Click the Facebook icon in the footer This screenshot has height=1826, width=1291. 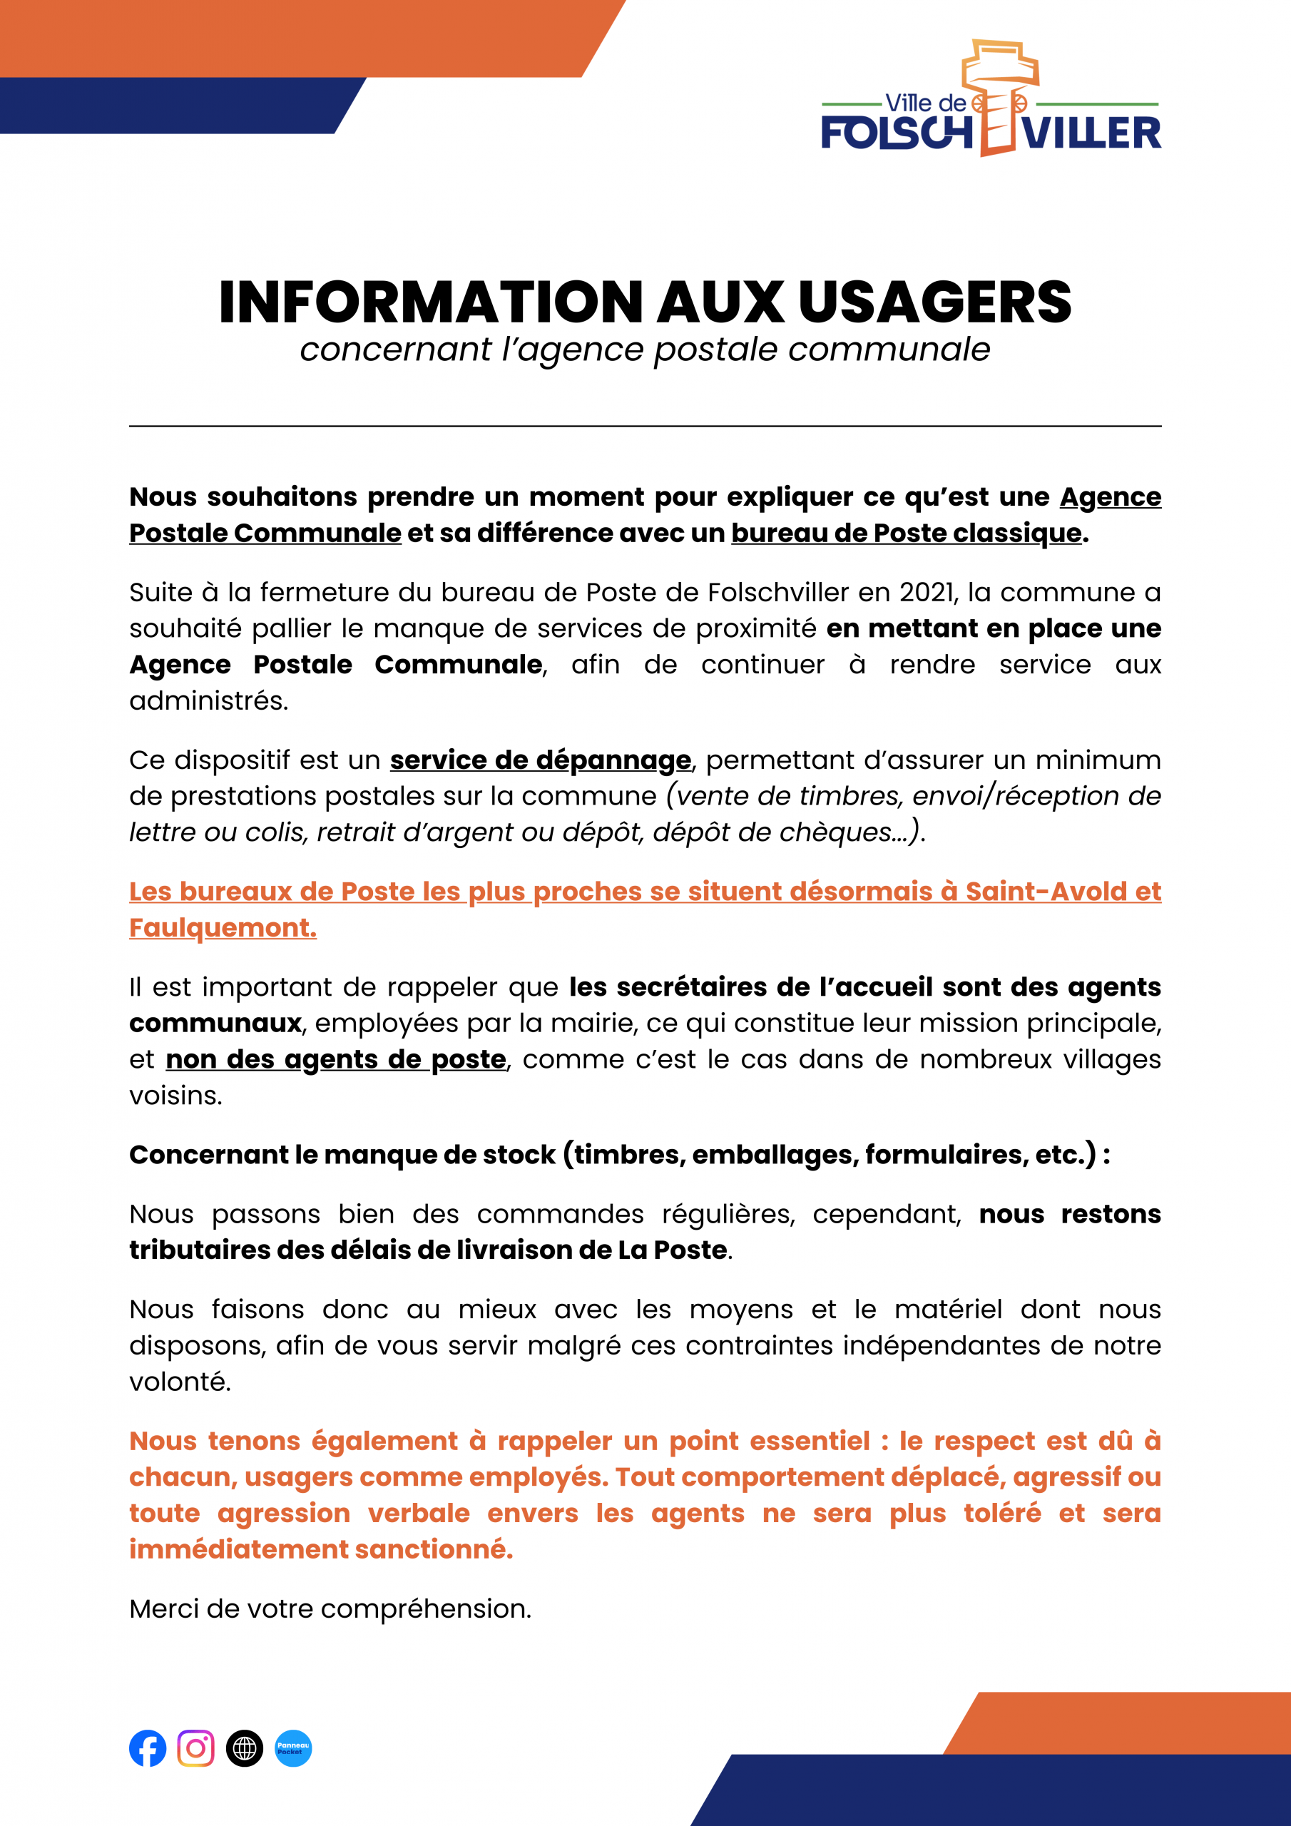point(148,1748)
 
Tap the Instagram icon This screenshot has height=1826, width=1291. point(195,1748)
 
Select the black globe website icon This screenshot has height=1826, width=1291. point(244,1748)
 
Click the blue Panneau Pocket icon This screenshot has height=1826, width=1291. point(294,1748)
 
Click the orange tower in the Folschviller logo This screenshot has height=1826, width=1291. point(999,96)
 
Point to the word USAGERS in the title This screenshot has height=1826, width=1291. point(934,303)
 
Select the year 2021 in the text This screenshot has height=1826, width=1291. point(927,593)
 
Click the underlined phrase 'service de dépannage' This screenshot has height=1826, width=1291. point(540,760)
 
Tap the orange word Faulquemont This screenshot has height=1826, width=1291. point(222,928)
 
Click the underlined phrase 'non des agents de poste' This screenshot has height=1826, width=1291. point(336,1059)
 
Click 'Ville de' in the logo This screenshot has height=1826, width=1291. point(925,103)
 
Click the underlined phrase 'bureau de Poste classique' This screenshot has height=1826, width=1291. point(906,533)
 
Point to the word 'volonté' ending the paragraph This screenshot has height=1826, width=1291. point(179,1382)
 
